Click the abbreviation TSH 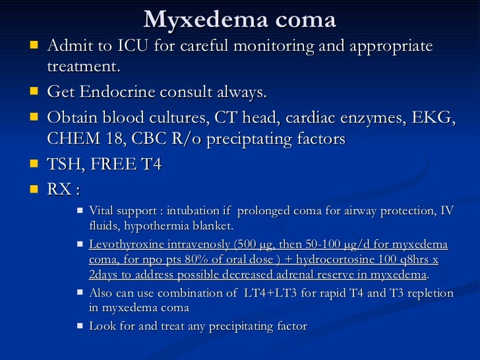tap(65, 165)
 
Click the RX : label tap(63, 190)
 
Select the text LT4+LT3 tap(268, 293)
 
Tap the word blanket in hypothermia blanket tap(208, 225)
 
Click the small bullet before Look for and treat tap(80, 325)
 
